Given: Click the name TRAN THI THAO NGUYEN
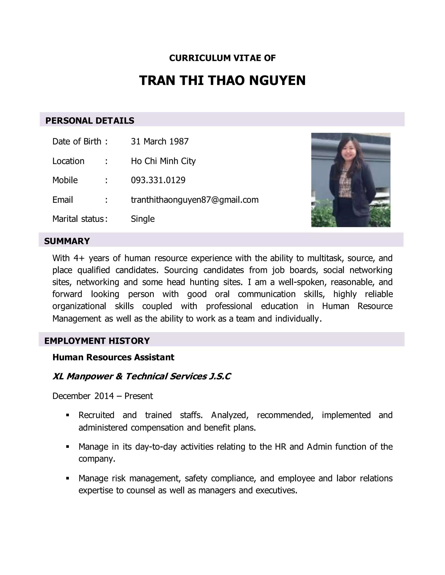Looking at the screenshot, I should coord(222,80).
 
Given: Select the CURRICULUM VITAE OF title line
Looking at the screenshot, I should coord(222,58).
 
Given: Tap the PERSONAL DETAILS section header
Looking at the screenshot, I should coord(90,121).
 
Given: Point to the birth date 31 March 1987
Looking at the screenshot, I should coord(160,141).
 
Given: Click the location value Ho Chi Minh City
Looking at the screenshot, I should coord(163,161).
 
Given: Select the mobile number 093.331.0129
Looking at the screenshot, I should coord(158,180).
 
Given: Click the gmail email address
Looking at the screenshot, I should coord(194,200).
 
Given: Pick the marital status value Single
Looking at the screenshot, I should coord(143,219).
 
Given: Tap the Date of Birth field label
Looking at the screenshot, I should coord(77,141).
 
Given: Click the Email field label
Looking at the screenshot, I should coord(63,200).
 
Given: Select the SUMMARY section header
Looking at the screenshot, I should coord(67,241).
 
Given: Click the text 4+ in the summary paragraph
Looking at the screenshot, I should coord(79,258).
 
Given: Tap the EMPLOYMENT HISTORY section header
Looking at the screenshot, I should coord(97,341).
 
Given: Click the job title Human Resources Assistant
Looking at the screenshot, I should coord(113,357).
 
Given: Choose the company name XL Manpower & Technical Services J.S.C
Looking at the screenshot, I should coord(142,376).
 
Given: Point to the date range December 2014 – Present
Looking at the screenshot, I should coord(103,396).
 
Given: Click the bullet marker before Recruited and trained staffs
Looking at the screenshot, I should coord(68,415).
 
